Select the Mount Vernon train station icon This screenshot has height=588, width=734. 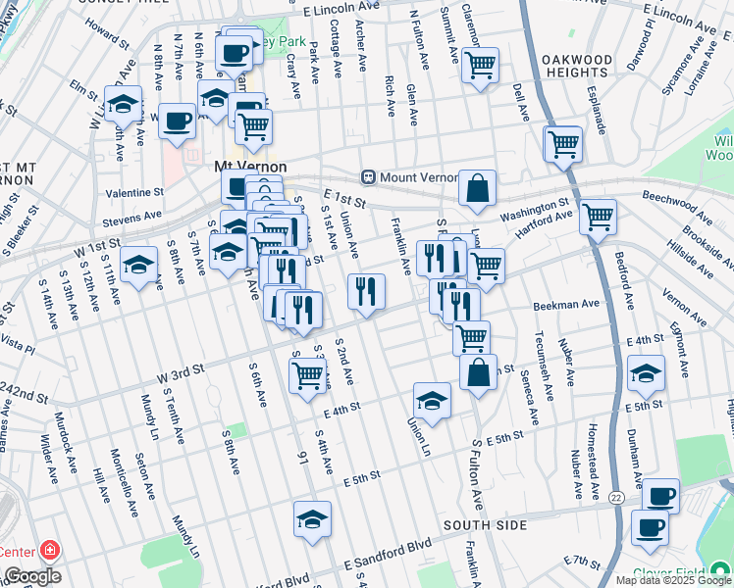click(x=369, y=177)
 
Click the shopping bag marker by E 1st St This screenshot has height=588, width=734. click(x=477, y=188)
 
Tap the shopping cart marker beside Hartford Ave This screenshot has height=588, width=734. click(x=598, y=217)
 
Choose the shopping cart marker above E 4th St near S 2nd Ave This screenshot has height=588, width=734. click(x=308, y=373)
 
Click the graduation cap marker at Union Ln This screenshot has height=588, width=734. click(x=432, y=400)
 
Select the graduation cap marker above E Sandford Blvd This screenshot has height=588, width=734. click(x=312, y=519)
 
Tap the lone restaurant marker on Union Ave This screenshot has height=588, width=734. click(x=366, y=291)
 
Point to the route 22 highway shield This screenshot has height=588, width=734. click(x=615, y=499)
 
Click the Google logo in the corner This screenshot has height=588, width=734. click(x=32, y=576)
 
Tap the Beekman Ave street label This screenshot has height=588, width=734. click(x=566, y=306)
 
